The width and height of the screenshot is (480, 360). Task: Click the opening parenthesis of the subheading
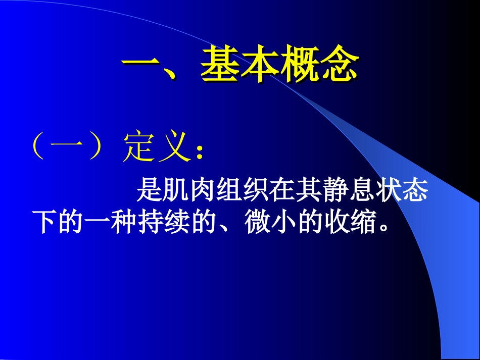(x=38, y=147)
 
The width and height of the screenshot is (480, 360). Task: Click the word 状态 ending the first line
(x=401, y=192)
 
